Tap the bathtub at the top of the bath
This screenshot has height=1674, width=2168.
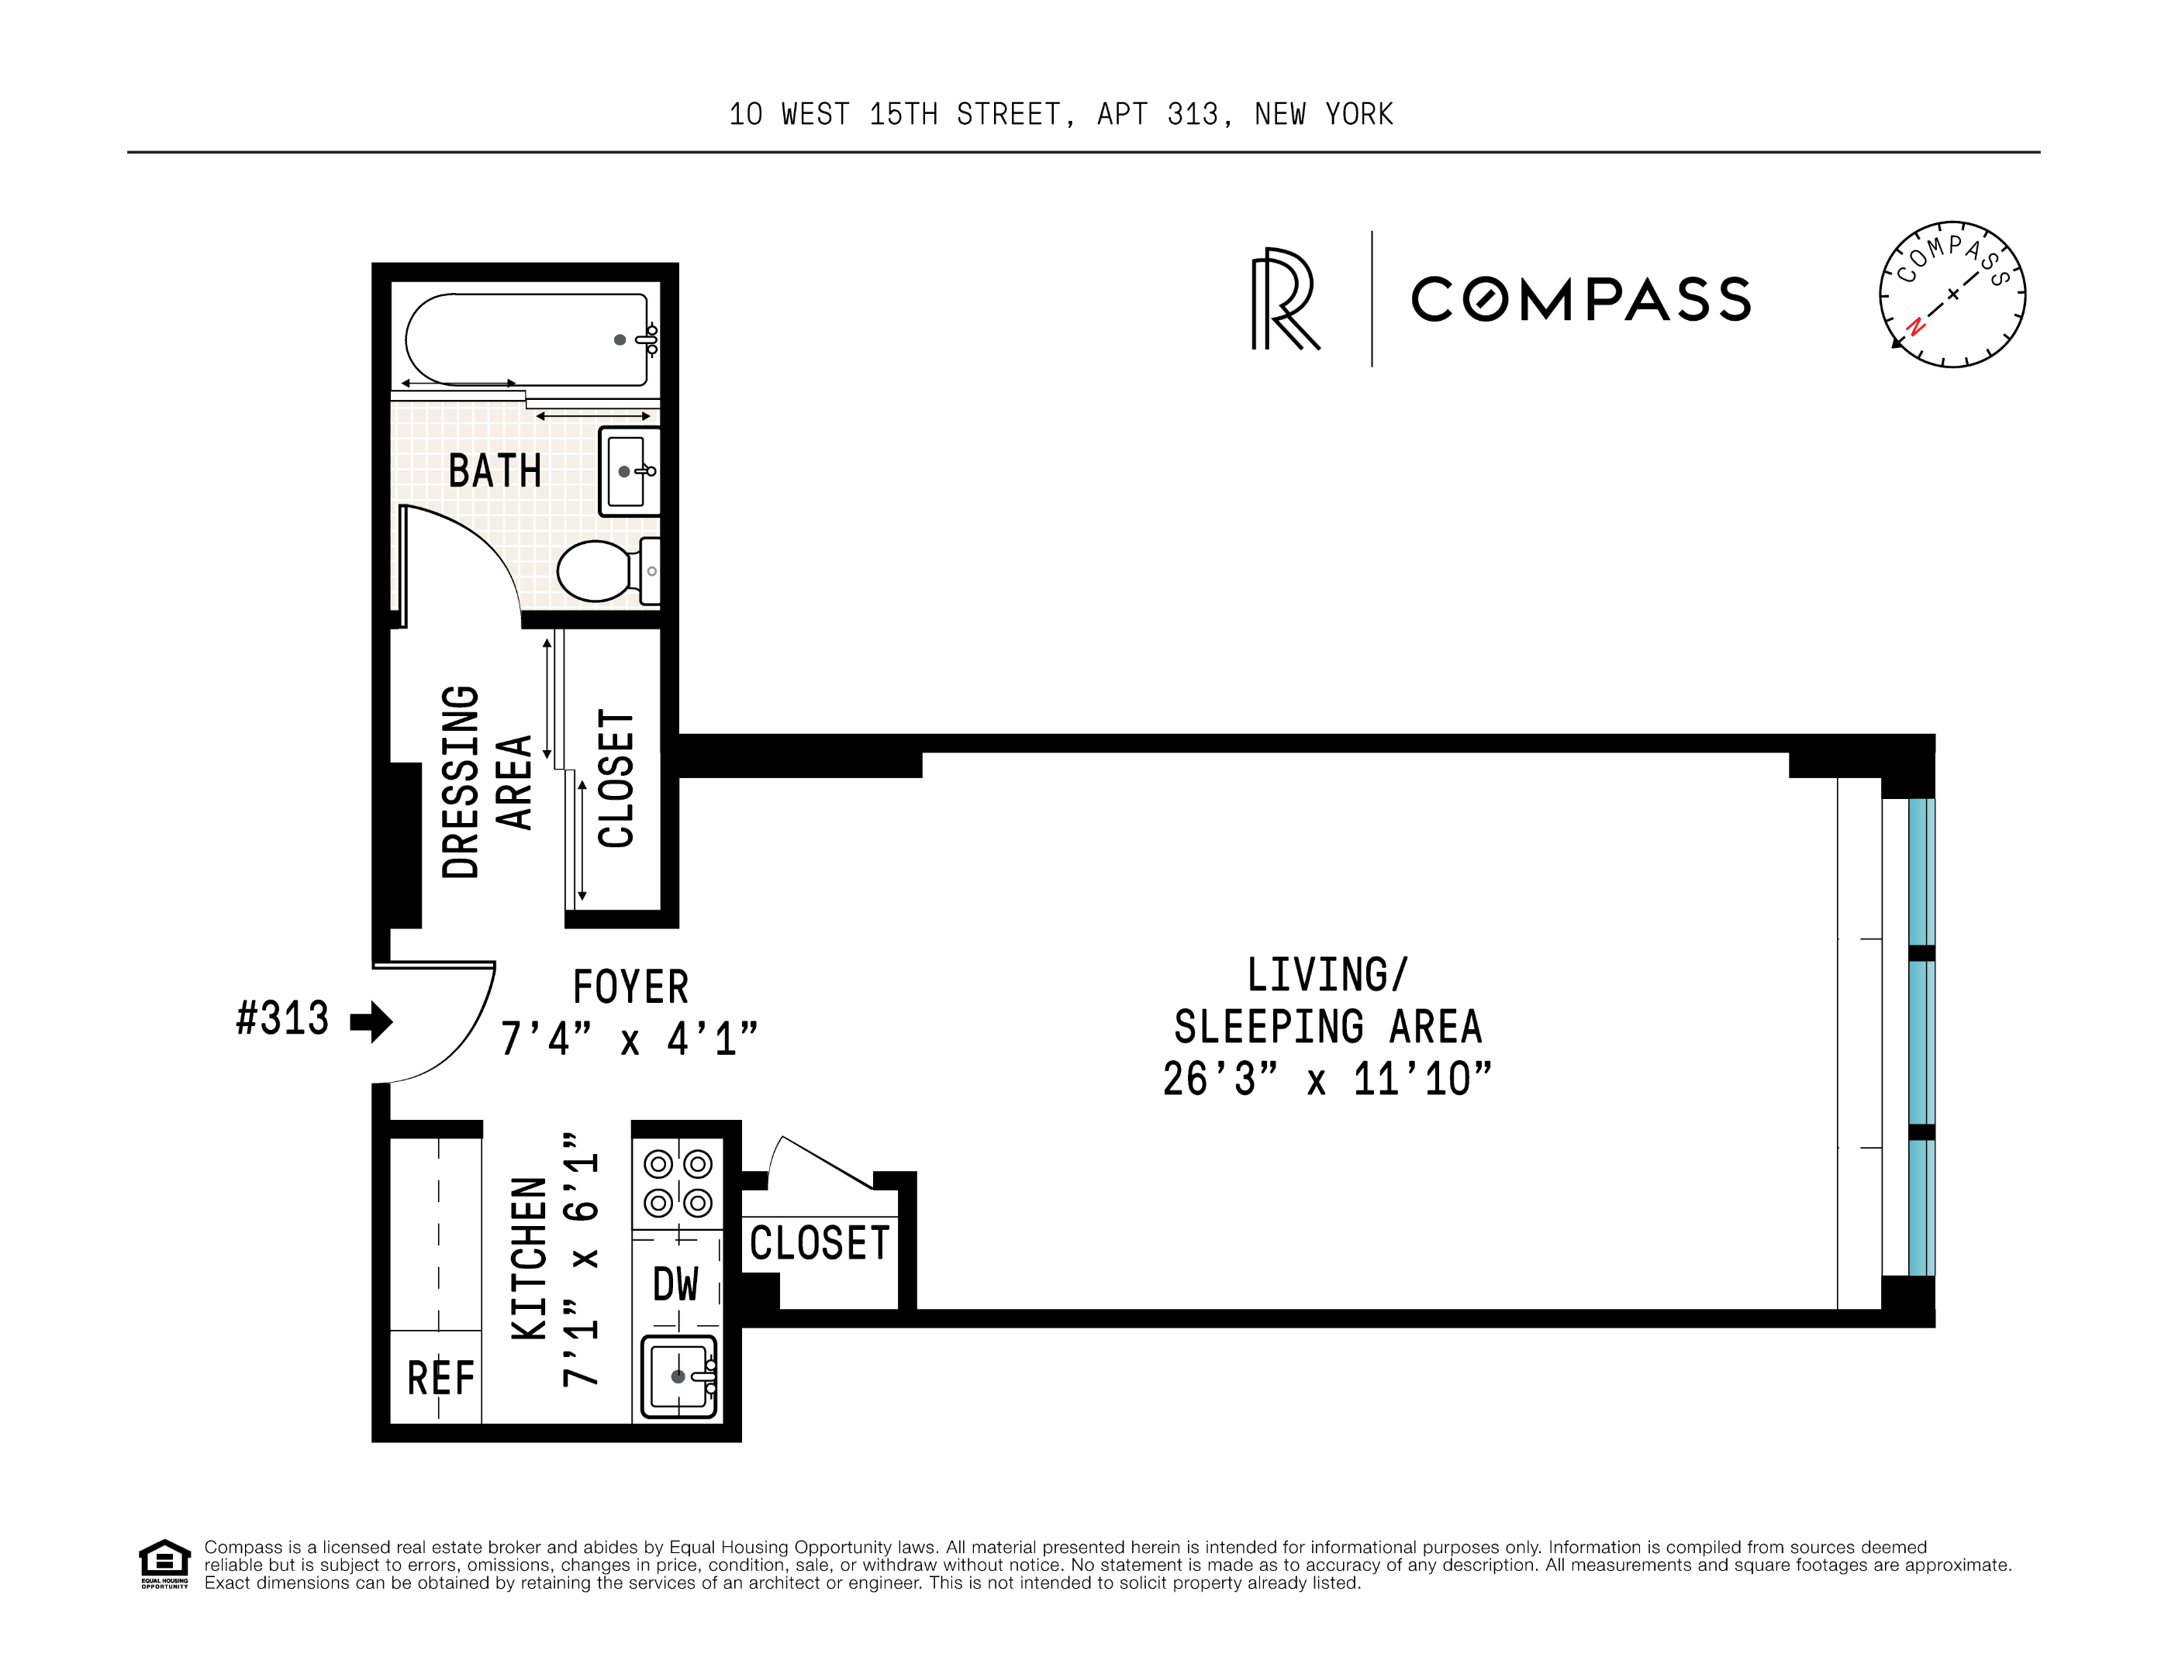tap(526, 339)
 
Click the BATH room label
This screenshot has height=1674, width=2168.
tap(495, 470)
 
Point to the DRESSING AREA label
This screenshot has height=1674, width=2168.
tap(485, 782)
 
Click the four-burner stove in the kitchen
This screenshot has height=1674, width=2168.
tap(678, 1183)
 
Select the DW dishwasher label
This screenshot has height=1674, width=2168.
tap(676, 1285)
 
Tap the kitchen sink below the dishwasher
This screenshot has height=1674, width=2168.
tap(678, 1376)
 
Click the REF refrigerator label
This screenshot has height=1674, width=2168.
tap(440, 1378)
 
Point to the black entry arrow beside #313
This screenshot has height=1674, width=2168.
tap(372, 1021)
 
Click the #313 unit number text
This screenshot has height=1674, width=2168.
tap(282, 1019)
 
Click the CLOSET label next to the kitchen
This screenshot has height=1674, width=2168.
tap(819, 1243)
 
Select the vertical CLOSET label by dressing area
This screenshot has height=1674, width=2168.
tap(616, 778)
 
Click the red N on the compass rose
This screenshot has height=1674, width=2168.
tap(1916, 326)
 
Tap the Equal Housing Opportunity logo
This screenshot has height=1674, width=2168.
tap(164, 1564)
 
